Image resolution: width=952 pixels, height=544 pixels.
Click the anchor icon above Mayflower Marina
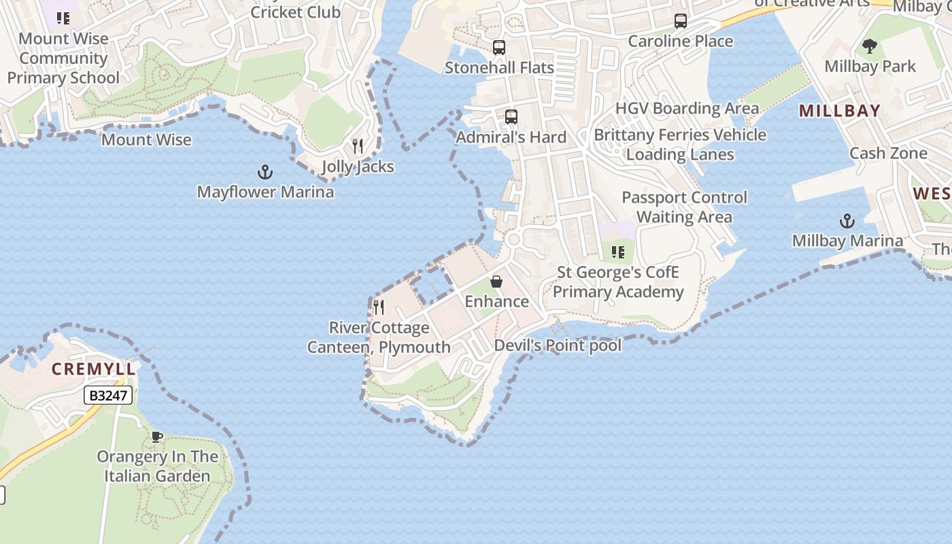(x=265, y=171)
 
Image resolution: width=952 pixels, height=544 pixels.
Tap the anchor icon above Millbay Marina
(x=847, y=221)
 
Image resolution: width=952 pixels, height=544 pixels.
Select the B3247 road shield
(x=109, y=395)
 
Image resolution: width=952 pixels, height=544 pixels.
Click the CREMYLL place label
(x=94, y=369)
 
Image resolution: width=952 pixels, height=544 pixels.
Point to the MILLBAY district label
(x=840, y=111)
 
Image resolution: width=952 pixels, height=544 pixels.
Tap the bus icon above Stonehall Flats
(x=499, y=48)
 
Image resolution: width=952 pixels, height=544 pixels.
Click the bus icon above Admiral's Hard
(x=511, y=117)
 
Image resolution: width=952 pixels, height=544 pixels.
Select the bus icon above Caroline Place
(x=681, y=21)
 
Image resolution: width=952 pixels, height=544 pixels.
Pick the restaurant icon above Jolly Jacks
(x=358, y=146)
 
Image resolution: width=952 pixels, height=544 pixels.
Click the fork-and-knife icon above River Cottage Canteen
(x=379, y=307)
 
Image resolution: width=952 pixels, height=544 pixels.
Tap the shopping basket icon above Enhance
(x=496, y=282)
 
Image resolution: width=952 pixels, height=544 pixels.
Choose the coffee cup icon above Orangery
(x=157, y=437)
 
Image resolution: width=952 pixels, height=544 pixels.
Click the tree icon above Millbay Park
(x=870, y=46)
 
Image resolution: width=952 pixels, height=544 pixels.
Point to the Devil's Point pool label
(x=558, y=345)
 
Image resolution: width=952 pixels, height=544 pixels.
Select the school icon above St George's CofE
(x=617, y=253)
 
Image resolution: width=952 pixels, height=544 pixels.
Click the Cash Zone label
(x=888, y=153)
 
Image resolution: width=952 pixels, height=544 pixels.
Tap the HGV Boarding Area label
(x=687, y=109)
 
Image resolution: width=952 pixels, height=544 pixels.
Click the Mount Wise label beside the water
(x=146, y=140)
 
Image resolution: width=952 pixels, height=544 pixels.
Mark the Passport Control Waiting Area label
(x=684, y=207)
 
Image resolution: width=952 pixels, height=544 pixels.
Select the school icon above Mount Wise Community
(x=63, y=18)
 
